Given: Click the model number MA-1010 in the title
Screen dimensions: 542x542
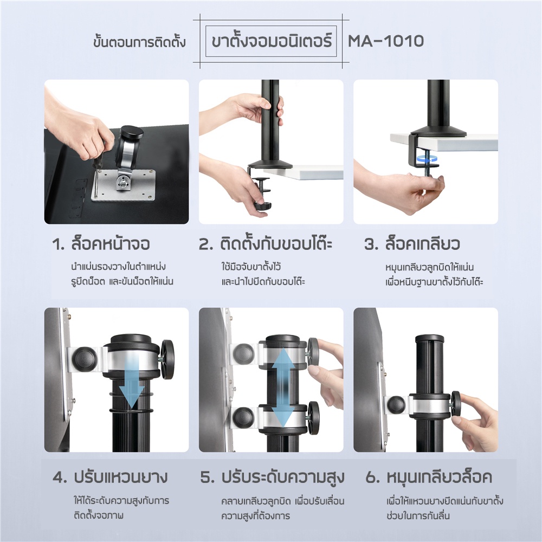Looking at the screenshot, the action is point(385,41).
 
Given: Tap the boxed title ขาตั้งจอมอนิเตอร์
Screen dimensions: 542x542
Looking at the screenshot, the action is point(272,41).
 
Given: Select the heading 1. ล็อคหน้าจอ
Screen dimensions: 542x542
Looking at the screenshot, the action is point(101,244).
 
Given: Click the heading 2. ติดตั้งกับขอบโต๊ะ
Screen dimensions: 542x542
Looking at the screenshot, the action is point(266,243).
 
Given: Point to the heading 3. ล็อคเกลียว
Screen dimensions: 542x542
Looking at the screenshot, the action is point(412,244).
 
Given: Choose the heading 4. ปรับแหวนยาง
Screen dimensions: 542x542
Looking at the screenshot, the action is point(110,478).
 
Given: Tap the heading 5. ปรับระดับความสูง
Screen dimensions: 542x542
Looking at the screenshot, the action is point(273,478).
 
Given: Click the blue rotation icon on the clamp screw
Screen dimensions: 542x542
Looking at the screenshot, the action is point(426,158).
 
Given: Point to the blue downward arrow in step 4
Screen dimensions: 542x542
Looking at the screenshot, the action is point(132,382).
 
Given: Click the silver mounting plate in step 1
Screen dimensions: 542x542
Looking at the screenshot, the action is point(124,185).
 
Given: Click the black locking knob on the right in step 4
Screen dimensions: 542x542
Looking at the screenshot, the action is point(167,359).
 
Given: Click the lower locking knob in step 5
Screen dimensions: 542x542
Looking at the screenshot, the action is point(313,417).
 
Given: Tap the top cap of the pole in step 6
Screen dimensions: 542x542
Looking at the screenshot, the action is point(430,339).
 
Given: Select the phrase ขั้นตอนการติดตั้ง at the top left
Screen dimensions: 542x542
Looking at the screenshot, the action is point(139,42).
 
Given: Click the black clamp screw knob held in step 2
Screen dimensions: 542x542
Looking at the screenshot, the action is point(262,206).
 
